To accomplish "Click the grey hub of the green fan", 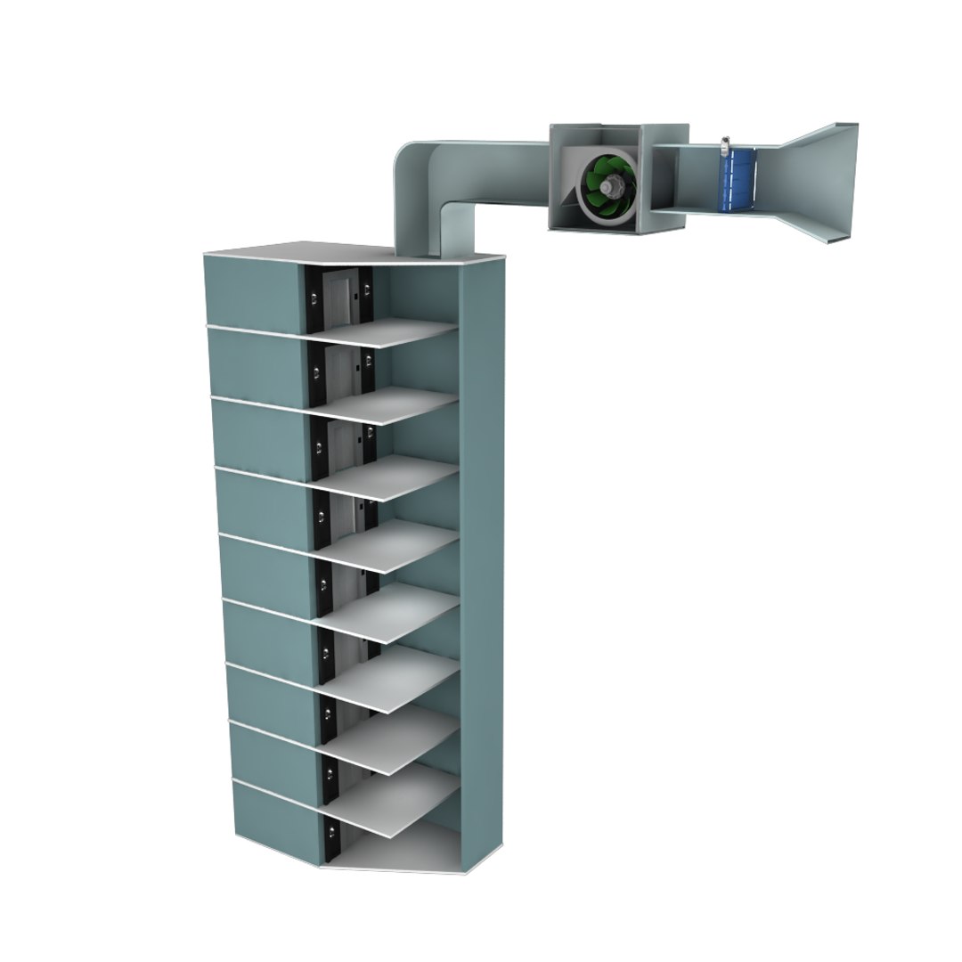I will point(612,187).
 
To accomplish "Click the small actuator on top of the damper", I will point(726,143).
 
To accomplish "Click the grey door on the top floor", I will point(338,298).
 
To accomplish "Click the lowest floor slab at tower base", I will point(401,851).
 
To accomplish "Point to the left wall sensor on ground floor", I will point(331,834).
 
